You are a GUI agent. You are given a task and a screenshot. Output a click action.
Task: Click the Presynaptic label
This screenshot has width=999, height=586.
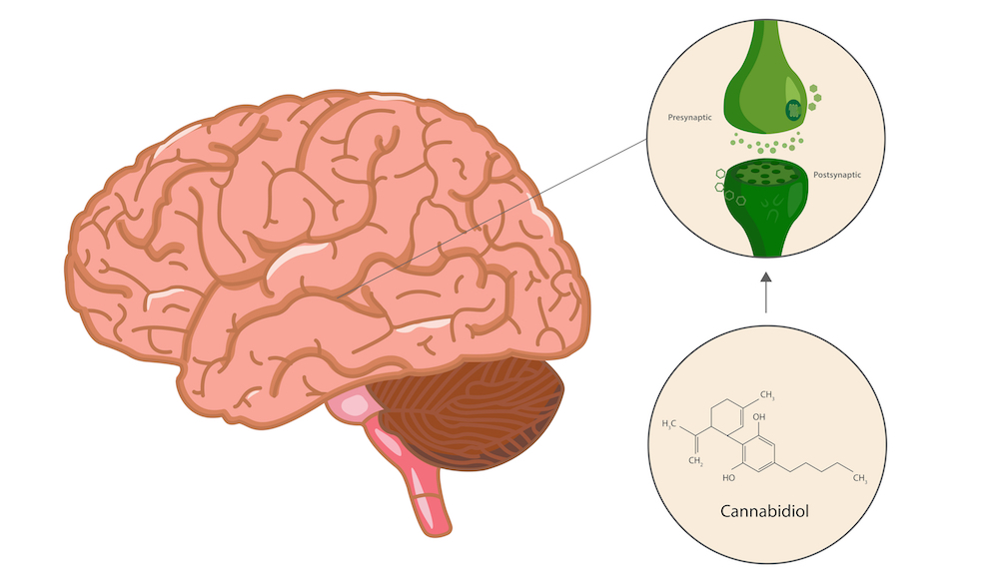click(689, 117)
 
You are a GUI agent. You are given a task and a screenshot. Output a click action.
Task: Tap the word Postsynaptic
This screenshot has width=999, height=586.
click(837, 175)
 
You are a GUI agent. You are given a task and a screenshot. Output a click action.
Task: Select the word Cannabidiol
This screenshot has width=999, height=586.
click(764, 511)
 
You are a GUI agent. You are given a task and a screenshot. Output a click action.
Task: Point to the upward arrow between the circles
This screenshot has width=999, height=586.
click(766, 293)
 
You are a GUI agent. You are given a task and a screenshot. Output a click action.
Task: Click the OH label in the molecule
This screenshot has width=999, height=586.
click(759, 417)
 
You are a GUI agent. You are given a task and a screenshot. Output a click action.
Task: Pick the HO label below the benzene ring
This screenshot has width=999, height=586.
click(729, 477)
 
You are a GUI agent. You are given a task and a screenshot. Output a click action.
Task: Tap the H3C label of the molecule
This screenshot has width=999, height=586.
click(669, 423)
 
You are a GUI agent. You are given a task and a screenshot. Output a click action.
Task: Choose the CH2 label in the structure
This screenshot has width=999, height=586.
click(695, 461)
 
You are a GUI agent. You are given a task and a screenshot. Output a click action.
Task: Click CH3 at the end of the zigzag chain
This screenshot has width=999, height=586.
click(860, 478)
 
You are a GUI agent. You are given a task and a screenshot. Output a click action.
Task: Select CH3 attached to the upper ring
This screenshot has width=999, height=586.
click(767, 395)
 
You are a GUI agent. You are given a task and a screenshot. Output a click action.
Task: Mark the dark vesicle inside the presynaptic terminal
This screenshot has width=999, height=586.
click(793, 110)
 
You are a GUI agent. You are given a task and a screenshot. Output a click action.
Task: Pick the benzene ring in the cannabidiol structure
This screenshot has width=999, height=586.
click(758, 454)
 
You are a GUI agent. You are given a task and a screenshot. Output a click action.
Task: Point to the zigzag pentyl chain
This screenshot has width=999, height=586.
click(814, 467)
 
